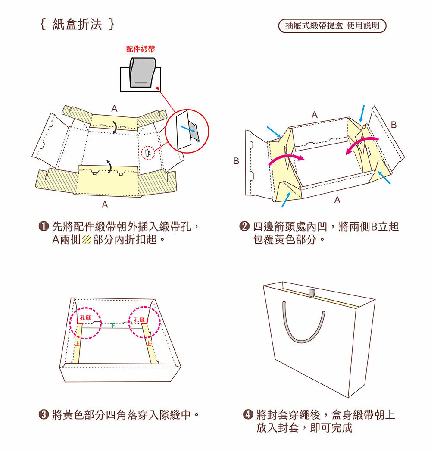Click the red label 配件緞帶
141,49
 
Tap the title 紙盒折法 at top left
77,24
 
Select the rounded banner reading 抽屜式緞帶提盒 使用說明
332,25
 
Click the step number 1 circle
44,226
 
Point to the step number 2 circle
244,226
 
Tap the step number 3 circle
44,414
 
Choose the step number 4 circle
248,414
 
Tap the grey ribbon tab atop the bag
312,292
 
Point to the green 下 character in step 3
113,326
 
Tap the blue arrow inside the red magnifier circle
188,129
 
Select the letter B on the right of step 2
394,125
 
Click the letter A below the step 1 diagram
105,204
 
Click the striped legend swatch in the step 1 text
87,240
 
